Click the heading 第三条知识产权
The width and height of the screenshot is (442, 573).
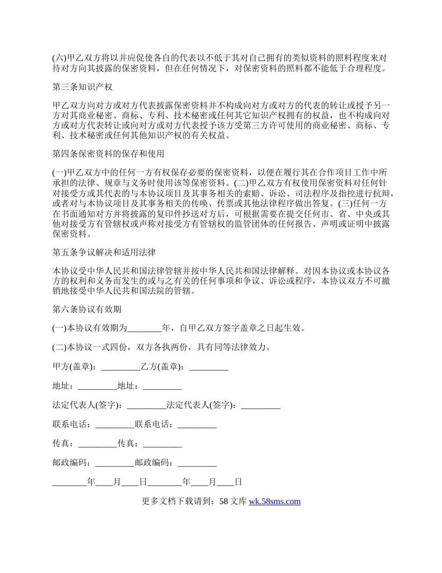(82, 87)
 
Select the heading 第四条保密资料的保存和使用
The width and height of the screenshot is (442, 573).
(108, 153)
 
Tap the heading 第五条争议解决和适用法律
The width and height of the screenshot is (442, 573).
(104, 252)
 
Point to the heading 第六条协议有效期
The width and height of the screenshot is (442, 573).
(87, 309)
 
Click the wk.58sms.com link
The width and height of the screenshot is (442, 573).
(275, 501)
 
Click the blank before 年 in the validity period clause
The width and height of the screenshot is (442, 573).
(144, 328)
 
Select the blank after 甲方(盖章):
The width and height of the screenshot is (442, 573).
(121, 367)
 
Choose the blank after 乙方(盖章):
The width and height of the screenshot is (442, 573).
(209, 367)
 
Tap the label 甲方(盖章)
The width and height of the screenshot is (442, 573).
(74, 367)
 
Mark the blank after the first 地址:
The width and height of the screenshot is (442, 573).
(97, 386)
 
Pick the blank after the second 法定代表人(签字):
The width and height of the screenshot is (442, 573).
(261, 405)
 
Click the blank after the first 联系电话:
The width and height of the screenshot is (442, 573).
(114, 424)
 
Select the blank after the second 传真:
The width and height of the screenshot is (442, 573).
(162, 443)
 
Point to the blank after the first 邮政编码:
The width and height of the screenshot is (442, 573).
(114, 463)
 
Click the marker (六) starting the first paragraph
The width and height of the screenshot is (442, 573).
(60, 58)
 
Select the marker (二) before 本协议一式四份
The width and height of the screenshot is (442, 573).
(60, 348)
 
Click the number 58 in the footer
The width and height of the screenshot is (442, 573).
(223, 501)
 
